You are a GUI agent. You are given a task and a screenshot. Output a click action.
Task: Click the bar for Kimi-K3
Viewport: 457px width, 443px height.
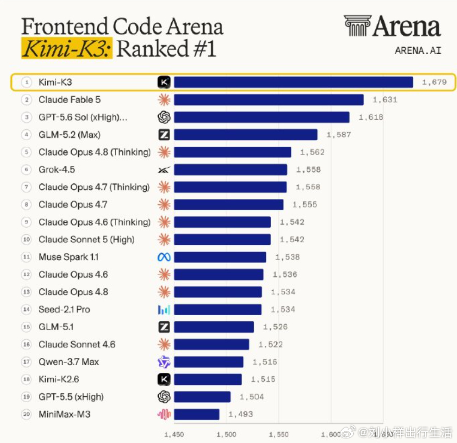pos(293,82)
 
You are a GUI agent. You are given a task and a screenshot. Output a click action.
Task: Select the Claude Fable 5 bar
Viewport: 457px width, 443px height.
pos(269,100)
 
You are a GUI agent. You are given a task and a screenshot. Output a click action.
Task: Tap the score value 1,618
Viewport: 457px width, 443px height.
pos(371,117)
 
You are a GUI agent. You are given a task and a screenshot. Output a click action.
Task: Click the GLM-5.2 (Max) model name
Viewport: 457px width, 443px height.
pos(69,135)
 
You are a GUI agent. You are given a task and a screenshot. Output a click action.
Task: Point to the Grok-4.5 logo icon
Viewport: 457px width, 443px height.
pos(164,170)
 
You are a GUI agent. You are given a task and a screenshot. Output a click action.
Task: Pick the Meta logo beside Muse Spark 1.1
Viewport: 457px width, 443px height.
pos(164,257)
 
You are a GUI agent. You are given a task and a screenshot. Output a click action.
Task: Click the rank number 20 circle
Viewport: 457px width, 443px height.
pos(27,414)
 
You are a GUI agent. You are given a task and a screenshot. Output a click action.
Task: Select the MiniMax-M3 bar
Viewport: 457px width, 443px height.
pos(197,414)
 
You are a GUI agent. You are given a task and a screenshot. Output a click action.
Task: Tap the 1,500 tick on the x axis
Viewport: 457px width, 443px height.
pos(226,434)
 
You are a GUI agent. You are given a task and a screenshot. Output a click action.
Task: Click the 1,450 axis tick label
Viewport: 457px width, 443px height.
pos(174,434)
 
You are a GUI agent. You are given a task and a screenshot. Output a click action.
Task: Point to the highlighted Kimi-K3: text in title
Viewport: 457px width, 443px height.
pos(67,48)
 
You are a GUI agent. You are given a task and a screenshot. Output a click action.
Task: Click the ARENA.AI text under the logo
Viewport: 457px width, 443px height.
pos(418,51)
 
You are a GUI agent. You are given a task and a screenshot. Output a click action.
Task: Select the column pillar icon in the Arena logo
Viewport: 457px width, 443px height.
pos(358,26)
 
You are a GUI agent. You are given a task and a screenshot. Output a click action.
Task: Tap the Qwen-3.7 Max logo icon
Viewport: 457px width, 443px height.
pos(164,362)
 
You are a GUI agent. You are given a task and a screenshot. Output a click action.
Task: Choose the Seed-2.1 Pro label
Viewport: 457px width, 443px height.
pos(64,309)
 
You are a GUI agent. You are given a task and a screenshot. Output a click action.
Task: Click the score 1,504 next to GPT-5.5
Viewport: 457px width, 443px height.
pos(252,397)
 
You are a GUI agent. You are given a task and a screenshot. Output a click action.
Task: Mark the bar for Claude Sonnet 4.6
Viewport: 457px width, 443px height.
pos(212,344)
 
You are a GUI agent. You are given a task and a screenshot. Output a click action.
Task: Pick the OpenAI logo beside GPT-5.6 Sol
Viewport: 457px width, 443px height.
pos(164,117)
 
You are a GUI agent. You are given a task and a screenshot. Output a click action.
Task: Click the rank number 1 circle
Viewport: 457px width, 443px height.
pos(27,82)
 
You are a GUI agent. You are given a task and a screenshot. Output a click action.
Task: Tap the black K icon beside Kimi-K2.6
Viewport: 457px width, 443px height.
pos(164,379)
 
